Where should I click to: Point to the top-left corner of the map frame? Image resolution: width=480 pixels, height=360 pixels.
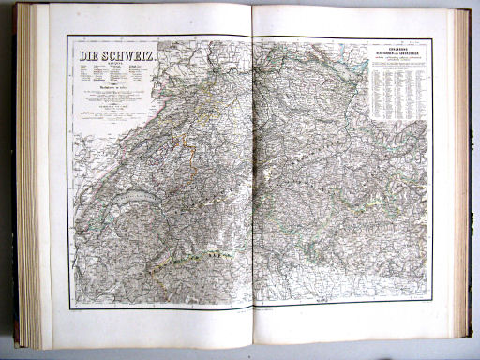(x=67, y=37)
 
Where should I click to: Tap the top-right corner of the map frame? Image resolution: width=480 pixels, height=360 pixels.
(x=432, y=38)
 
